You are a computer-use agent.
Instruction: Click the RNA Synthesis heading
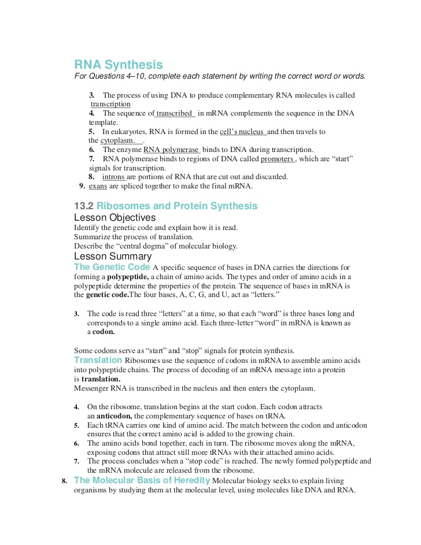pyautogui.click(x=119, y=65)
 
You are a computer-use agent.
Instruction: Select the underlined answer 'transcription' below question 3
pyautogui.click(x=110, y=104)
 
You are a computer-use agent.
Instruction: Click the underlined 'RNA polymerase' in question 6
pyautogui.click(x=171, y=150)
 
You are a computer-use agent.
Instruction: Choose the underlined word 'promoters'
pyautogui.click(x=278, y=159)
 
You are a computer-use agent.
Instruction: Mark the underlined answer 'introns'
pyautogui.click(x=114, y=177)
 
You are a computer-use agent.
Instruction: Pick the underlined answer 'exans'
pyautogui.click(x=98, y=186)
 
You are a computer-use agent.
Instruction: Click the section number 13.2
pyautogui.click(x=84, y=206)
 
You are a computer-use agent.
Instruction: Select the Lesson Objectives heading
pyautogui.click(x=115, y=218)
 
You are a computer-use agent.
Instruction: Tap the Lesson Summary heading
pyautogui.click(x=113, y=256)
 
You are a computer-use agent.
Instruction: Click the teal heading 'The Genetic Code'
pyautogui.click(x=112, y=267)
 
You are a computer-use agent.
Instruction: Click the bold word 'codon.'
pyautogui.click(x=104, y=332)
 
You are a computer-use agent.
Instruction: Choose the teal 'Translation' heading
pyautogui.click(x=98, y=360)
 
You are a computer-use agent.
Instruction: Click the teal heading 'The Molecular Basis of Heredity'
pyautogui.click(x=142, y=480)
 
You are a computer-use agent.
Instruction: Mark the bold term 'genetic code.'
pyautogui.click(x=108, y=295)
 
